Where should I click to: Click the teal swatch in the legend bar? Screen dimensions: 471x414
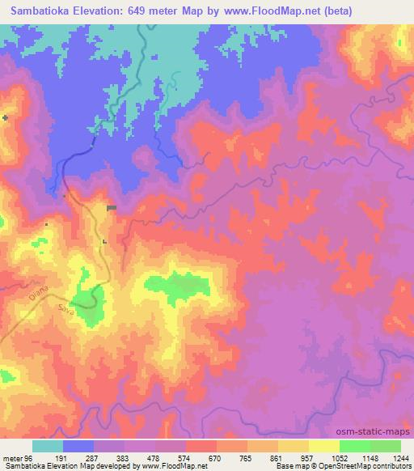pos(48,446)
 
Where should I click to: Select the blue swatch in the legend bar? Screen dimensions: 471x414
pos(78,446)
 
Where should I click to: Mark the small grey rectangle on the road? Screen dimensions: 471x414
pos(112,208)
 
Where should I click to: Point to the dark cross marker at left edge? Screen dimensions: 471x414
pos(6,118)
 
